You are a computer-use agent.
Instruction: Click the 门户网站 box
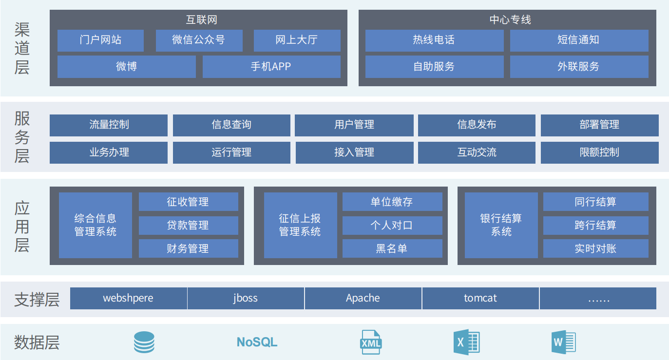click(100, 40)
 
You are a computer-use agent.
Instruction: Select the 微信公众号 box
click(199, 40)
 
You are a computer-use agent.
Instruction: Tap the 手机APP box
click(271, 67)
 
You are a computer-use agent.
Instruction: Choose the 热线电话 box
click(434, 40)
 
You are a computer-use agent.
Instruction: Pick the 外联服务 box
click(579, 67)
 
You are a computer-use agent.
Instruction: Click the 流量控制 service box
click(109, 125)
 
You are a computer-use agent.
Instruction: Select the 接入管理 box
click(354, 152)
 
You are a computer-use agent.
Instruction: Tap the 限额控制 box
click(599, 152)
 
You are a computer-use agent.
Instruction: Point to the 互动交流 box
click(477, 152)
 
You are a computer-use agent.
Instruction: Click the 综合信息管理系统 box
click(96, 225)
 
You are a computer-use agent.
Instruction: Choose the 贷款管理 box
click(188, 226)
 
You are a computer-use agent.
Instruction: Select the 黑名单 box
click(392, 248)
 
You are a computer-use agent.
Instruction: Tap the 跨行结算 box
click(595, 226)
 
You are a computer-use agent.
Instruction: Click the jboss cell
click(246, 298)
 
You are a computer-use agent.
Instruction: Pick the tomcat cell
click(480, 298)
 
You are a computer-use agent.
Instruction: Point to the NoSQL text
click(257, 342)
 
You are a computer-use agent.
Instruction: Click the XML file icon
click(371, 342)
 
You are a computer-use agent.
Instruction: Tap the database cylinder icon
click(144, 342)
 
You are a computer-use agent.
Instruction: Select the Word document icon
click(564, 342)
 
